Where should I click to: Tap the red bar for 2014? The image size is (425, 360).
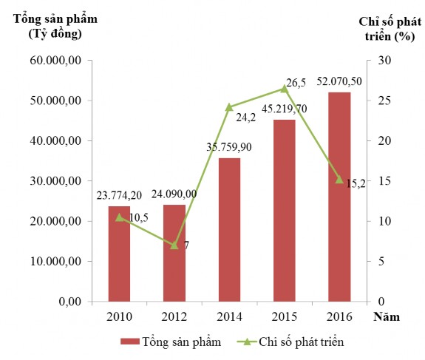229,230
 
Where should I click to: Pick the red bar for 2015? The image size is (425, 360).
285,211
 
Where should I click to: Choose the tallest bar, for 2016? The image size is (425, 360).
339,197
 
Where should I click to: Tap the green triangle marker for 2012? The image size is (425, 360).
174,245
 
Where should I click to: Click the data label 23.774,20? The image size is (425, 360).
120,196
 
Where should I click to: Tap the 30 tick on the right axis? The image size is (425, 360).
384,60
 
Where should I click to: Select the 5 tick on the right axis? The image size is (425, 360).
381,262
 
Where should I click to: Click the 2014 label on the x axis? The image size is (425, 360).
229,317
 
